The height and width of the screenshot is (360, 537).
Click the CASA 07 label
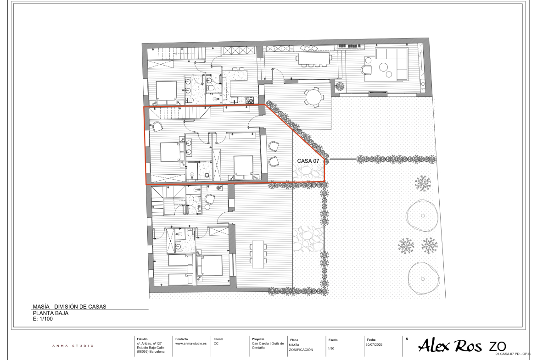(x=308, y=161)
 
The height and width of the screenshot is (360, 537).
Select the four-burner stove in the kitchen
(x=249, y=100)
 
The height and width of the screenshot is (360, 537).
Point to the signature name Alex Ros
(x=450, y=345)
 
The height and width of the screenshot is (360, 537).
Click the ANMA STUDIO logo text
(x=73, y=346)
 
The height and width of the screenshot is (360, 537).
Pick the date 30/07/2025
(x=374, y=344)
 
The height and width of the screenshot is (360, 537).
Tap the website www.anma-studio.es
(x=191, y=343)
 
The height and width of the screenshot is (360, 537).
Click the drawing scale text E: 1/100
(x=43, y=319)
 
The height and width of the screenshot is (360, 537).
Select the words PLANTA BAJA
(x=50, y=313)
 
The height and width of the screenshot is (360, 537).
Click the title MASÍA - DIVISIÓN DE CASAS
(x=69, y=307)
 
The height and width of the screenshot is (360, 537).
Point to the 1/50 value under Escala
(x=331, y=349)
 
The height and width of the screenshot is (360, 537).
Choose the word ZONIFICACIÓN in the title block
(x=301, y=350)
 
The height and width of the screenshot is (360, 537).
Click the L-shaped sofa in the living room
(x=392, y=64)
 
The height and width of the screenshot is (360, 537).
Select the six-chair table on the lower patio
(x=258, y=254)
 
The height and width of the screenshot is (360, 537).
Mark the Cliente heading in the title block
(x=218, y=339)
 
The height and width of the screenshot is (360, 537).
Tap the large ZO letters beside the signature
(x=497, y=346)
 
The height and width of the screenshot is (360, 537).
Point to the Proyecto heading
(x=258, y=339)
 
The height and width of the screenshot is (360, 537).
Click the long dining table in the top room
(x=313, y=59)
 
